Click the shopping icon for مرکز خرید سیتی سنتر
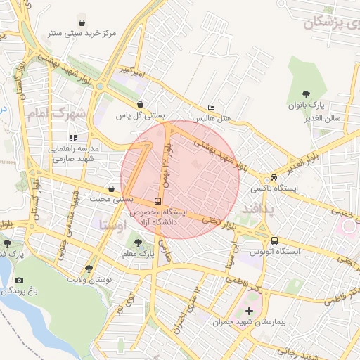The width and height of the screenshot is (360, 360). click(84, 21)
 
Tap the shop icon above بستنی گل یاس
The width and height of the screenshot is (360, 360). click(140, 104)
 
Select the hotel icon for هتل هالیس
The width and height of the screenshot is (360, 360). click(212, 108)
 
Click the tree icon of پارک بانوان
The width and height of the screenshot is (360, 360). click(307, 94)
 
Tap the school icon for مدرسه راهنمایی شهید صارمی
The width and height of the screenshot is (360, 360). click(73, 138)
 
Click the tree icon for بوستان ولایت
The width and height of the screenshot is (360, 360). click(88, 269)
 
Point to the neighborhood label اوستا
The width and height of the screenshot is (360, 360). click(112, 226)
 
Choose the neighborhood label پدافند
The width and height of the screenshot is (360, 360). click(262, 210)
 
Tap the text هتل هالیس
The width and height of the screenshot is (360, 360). click(213, 119)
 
